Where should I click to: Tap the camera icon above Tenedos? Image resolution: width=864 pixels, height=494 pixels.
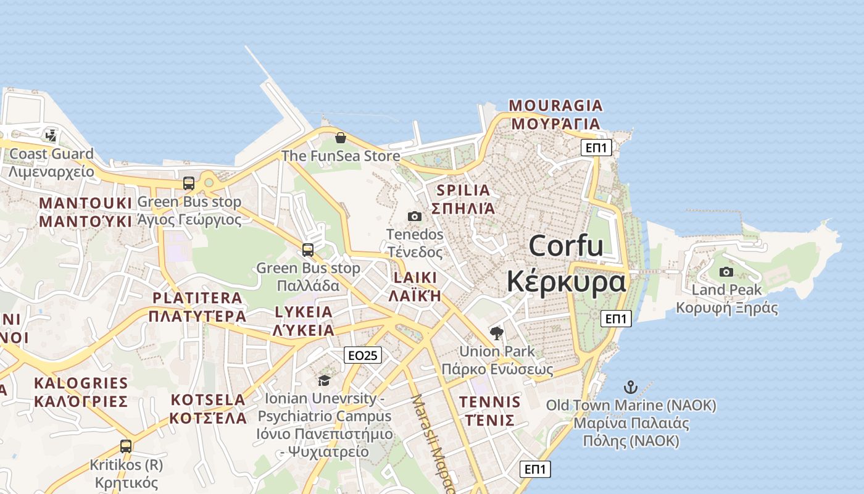pos(415,216)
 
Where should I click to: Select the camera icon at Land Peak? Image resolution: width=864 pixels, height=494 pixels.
pos(726,272)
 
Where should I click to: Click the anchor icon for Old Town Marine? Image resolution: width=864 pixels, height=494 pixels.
pos(630,387)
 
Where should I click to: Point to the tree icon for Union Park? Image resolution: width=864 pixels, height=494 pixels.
pos(496,334)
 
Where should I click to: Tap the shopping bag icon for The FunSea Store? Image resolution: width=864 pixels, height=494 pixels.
pos(340,137)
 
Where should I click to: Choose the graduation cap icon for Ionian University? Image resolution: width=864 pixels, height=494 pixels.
pos(324,380)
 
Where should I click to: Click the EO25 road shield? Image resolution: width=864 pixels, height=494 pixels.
pos(363,355)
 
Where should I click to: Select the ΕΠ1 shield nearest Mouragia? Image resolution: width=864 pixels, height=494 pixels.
pos(597,148)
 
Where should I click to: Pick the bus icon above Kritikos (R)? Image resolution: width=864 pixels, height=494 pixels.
pos(126,446)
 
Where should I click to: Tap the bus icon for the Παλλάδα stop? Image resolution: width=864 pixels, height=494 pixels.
pos(308,250)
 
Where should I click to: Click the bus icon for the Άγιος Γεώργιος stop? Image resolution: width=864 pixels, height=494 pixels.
pos(189,183)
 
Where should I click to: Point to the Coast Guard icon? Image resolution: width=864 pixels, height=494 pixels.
pos(51,135)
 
